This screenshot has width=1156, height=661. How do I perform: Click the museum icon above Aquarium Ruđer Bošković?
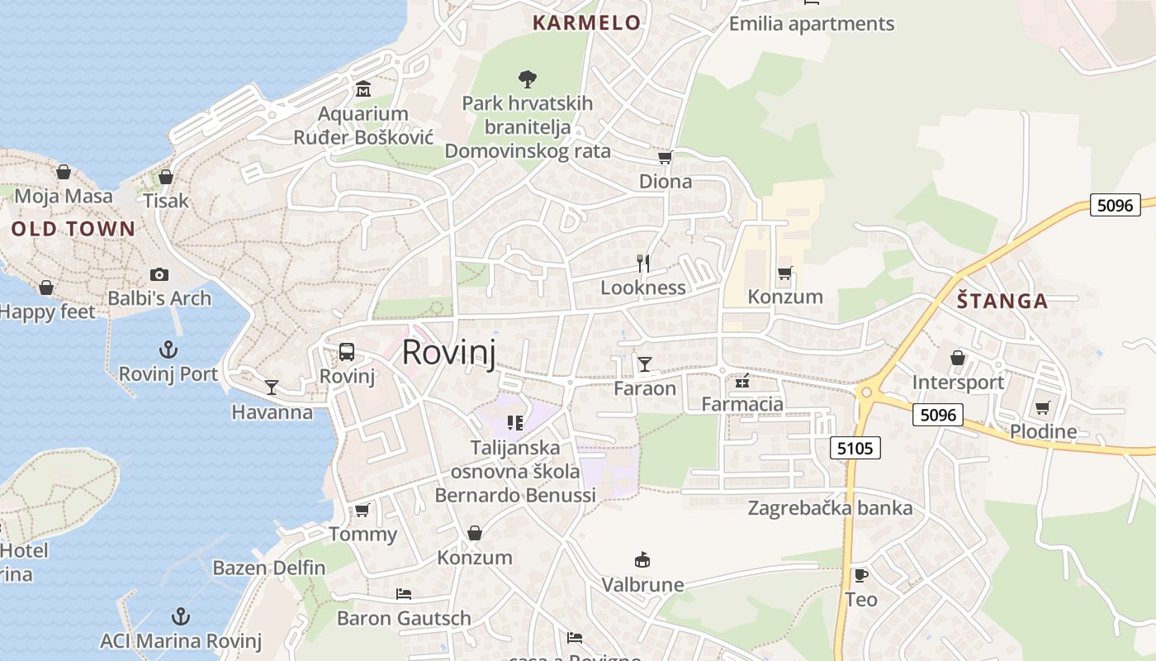pos(362,88)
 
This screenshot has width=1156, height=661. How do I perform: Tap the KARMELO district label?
pos(586,22)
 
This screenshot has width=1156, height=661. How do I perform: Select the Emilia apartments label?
pos(811,24)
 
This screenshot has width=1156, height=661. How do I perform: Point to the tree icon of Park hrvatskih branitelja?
pos(527,79)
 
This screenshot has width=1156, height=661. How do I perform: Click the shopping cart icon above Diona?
pos(665,157)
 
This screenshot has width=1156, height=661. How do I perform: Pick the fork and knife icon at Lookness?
pos(643,264)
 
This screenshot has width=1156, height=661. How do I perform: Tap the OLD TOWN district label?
pos(73,229)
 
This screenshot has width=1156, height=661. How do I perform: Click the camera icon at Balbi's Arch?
pos(159,274)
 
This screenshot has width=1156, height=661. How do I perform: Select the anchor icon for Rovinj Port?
pos(168,350)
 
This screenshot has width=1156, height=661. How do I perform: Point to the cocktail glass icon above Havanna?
pos(271,387)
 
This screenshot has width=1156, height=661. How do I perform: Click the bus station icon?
pos(347,352)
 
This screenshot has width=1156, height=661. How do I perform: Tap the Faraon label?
pos(644,388)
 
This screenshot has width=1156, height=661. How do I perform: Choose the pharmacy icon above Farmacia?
pos(741,380)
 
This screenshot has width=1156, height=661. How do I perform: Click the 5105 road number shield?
pos(855,448)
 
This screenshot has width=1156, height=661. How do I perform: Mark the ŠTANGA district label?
pos(1002,301)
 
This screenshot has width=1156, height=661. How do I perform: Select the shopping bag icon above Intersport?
pos(958,358)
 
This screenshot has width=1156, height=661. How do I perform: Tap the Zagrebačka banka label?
pos(829,508)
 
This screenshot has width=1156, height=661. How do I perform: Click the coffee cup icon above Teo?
pos(860,575)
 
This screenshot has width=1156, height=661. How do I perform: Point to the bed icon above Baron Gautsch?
pos(404,593)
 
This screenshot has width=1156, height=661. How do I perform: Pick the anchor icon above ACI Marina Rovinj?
pos(180,616)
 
